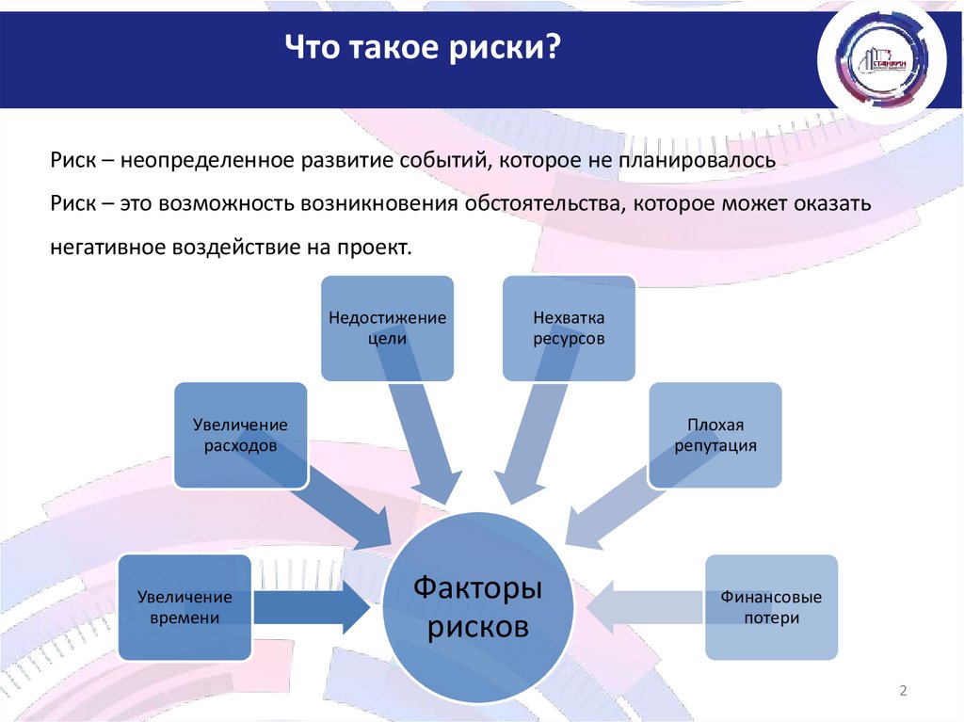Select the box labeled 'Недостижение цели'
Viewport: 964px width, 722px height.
(388, 329)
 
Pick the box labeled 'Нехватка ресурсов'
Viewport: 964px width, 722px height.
(568, 329)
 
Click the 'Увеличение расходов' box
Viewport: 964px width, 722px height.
(241, 435)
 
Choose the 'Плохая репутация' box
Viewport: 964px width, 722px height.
(715, 435)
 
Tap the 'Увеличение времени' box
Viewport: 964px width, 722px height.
(185, 607)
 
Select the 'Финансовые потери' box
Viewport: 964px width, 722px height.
(771, 607)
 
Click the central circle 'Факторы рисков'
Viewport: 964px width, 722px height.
(479, 607)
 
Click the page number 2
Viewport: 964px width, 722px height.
(903, 692)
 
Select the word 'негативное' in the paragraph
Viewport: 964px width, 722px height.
(104, 248)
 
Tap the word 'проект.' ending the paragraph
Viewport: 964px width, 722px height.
(383, 248)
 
